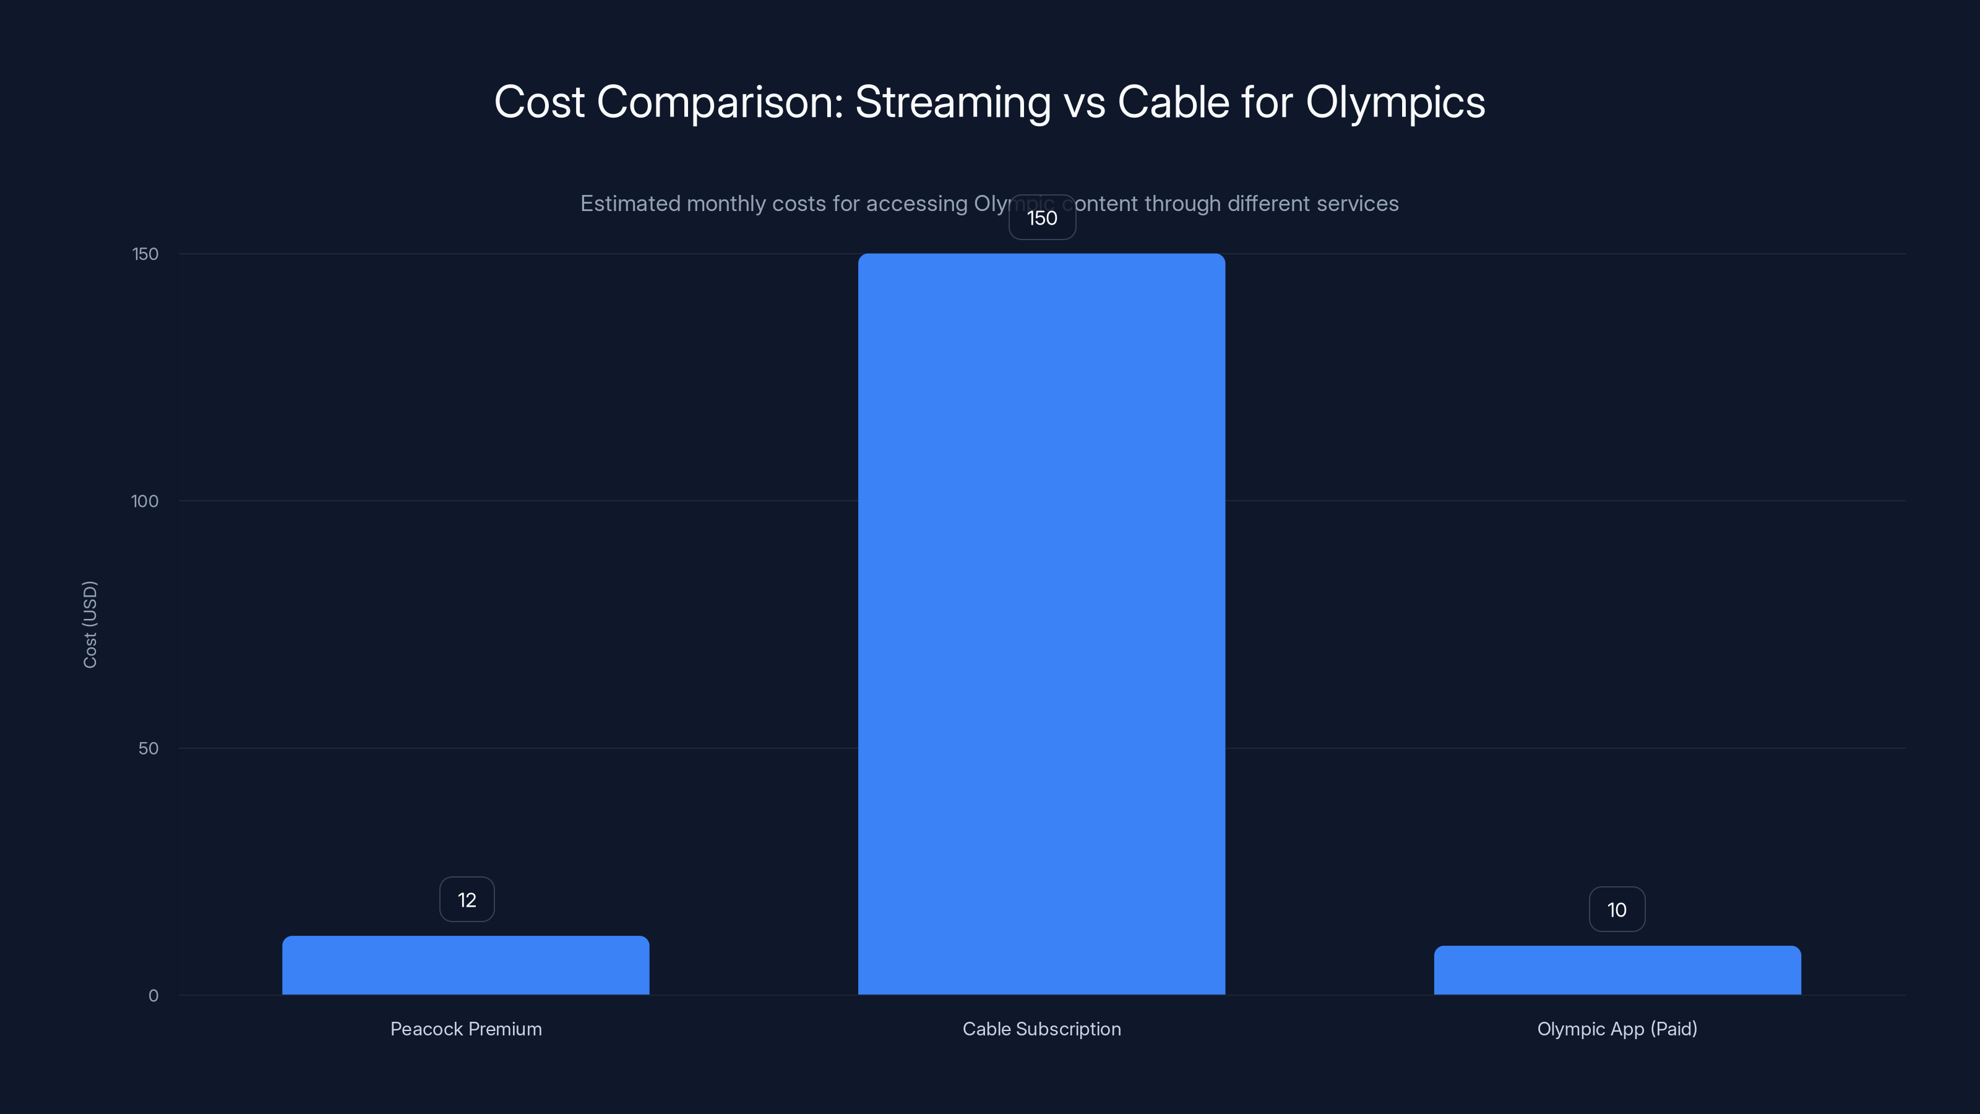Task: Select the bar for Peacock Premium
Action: (465, 965)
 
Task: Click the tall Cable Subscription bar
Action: (1041, 623)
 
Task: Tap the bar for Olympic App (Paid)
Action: (1617, 970)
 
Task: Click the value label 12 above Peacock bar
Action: (467, 899)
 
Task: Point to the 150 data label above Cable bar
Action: (1041, 218)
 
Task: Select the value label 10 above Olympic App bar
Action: (1616, 910)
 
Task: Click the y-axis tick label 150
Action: (145, 254)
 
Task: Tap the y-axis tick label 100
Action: (145, 501)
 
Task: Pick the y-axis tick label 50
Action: (148, 748)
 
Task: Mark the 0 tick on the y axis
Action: (153, 996)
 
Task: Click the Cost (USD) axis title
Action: (90, 624)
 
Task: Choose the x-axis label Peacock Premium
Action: (466, 1029)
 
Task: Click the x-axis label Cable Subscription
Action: (1041, 1029)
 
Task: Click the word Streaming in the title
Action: (952, 102)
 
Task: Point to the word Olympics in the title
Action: (1395, 102)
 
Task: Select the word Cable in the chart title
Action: (1173, 102)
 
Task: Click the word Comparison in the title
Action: (720, 102)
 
